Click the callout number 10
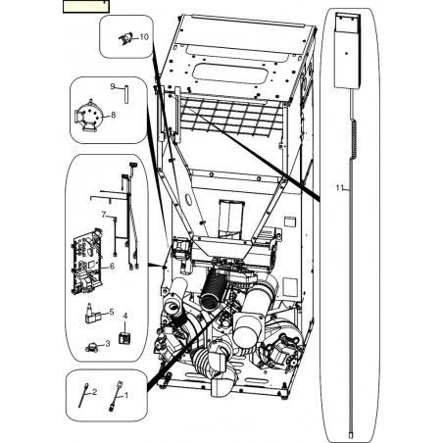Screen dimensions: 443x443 (144, 37)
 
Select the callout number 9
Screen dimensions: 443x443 (113, 86)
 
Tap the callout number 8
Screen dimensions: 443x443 (113, 115)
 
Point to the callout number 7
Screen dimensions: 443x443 (104, 215)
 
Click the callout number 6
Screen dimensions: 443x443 (112, 267)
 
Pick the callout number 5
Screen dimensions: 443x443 (112, 312)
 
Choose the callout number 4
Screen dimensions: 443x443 (125, 316)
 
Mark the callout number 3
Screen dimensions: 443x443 (108, 344)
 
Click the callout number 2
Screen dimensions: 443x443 (94, 392)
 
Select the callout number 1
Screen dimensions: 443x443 (126, 395)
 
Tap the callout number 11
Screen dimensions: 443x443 (340, 188)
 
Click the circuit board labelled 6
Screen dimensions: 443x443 (87, 262)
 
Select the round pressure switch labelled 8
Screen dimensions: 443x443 (88, 119)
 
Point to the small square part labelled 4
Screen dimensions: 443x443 (124, 338)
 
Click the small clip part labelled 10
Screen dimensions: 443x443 (126, 38)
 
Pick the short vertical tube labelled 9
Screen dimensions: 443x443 (126, 94)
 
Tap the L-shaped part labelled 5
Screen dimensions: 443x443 (92, 315)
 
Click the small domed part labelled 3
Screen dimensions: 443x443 (92, 348)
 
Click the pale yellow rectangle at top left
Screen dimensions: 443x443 (86, 7)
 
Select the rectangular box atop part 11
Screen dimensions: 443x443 (347, 51)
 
